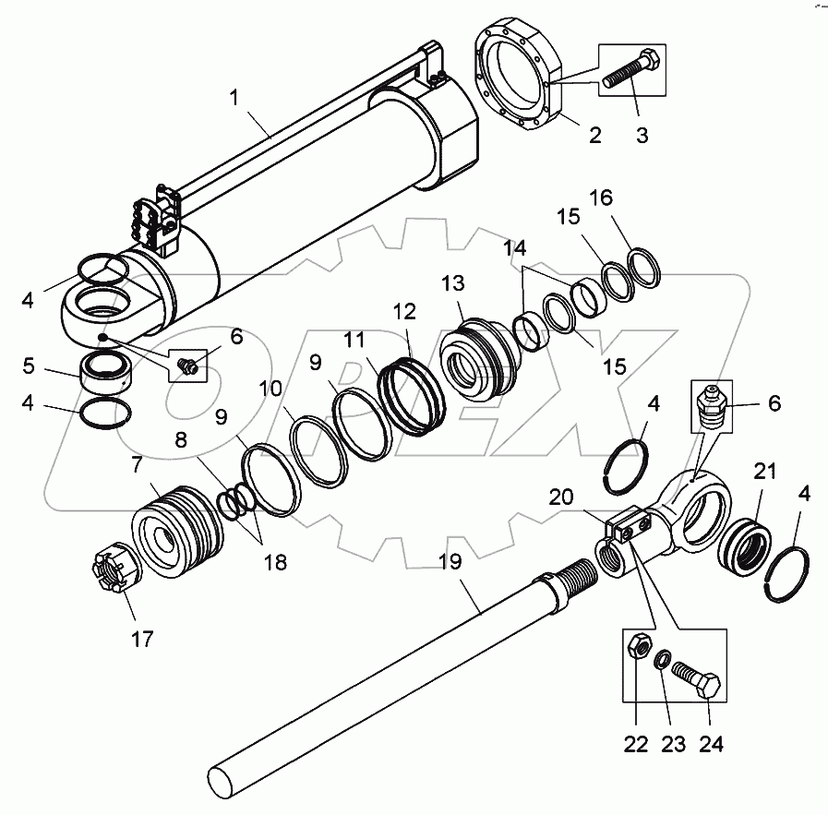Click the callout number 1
pyautogui.click(x=237, y=96)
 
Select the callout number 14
pyautogui.click(x=515, y=248)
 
